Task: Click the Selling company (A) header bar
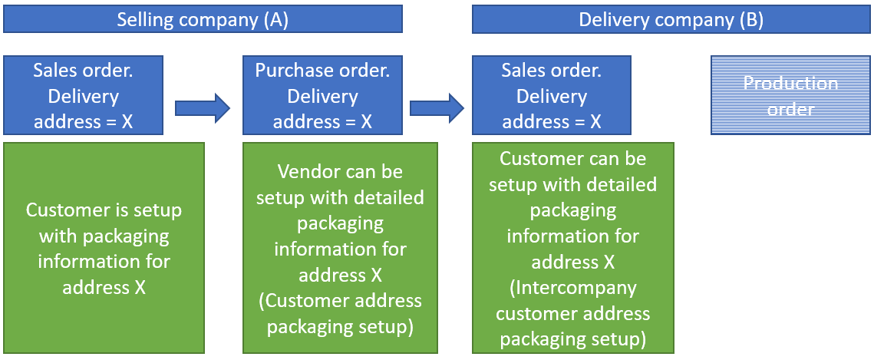(x=203, y=19)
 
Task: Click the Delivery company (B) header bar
(x=671, y=19)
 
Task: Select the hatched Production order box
(x=790, y=96)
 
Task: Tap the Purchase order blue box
(x=322, y=96)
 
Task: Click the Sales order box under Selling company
(x=83, y=96)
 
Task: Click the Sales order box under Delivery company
(x=552, y=96)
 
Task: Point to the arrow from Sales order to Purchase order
(x=202, y=108)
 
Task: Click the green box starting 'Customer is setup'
(x=104, y=247)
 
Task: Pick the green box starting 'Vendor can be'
(x=340, y=247)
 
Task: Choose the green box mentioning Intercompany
(x=573, y=247)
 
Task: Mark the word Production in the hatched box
(x=790, y=83)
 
